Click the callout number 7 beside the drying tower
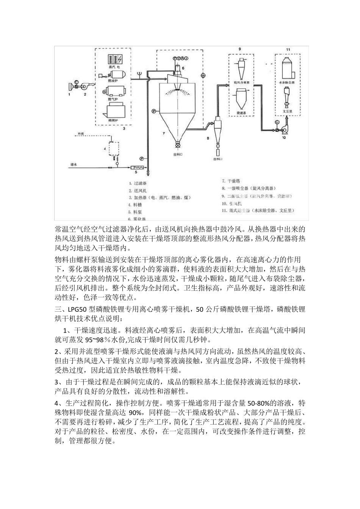point(164,134)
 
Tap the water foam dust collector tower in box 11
point(287,67)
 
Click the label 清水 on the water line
point(74,165)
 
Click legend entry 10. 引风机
point(235,203)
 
